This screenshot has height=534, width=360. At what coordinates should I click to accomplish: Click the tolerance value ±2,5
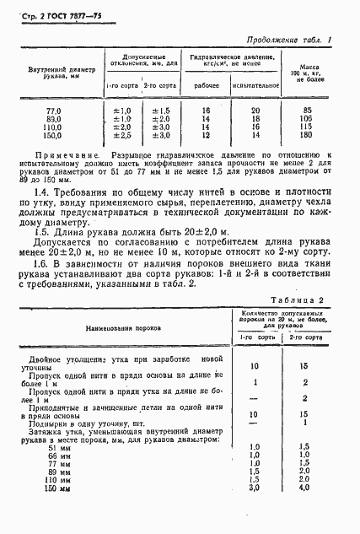coord(122,135)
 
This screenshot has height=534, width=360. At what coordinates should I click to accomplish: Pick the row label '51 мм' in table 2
coord(81,448)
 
